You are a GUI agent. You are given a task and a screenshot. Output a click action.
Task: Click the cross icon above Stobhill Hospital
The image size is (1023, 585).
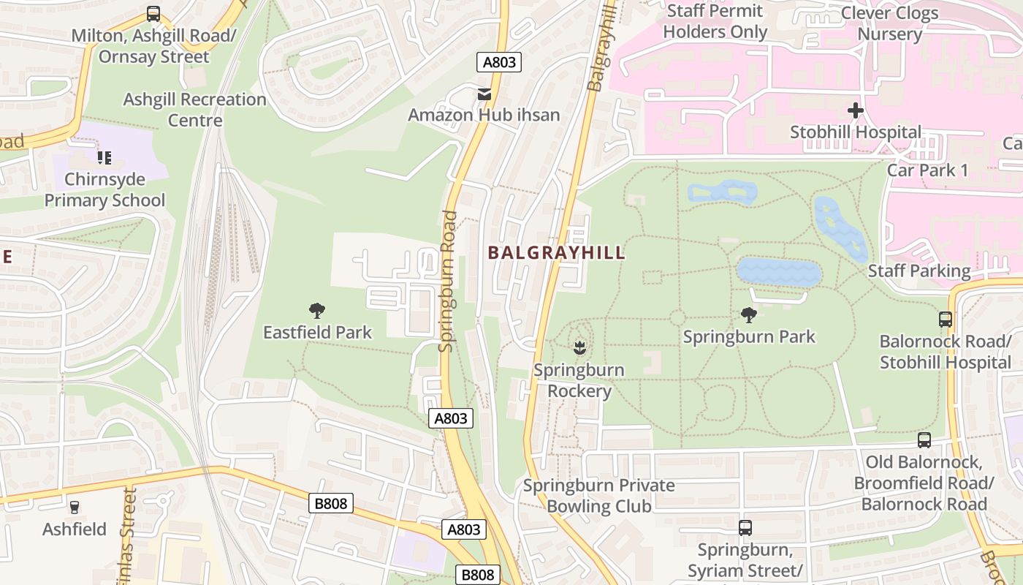(855, 111)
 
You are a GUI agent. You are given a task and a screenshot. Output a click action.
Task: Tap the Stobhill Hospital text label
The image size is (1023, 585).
(855, 132)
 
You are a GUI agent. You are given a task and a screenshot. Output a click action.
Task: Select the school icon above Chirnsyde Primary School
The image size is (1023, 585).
(104, 157)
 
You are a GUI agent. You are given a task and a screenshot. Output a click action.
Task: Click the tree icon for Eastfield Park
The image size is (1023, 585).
(316, 311)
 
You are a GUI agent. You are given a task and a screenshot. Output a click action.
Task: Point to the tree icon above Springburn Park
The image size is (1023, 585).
(748, 315)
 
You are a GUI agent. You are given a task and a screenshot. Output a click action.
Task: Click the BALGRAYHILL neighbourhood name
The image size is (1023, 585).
(556, 253)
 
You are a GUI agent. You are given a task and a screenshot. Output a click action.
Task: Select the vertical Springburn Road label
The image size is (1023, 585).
(448, 281)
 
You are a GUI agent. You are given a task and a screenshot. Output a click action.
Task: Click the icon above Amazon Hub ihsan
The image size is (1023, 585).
(484, 94)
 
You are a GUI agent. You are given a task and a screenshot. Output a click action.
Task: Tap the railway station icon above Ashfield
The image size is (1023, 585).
(74, 507)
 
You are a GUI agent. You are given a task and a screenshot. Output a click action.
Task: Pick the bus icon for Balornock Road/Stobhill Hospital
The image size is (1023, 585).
(945, 320)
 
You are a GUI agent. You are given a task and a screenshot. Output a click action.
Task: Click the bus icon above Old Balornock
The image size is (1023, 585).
(924, 440)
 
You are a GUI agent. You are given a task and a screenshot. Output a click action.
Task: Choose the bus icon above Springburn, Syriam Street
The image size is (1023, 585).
(745, 528)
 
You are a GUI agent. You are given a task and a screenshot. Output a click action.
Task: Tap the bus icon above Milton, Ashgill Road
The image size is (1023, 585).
(153, 14)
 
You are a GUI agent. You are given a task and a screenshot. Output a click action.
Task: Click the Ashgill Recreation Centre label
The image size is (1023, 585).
(194, 109)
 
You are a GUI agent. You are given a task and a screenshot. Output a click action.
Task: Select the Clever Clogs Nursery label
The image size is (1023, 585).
(889, 23)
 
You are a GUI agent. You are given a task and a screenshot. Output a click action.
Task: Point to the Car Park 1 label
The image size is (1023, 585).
(927, 170)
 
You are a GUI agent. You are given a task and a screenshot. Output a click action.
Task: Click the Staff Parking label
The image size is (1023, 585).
(919, 271)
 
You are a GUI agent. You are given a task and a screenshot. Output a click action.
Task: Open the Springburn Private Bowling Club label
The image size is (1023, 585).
(598, 495)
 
